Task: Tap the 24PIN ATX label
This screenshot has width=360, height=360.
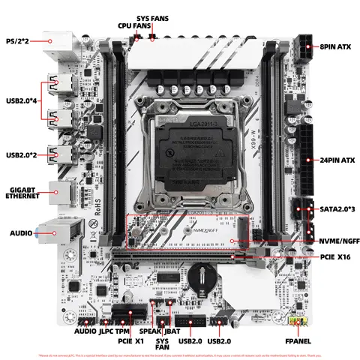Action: click(x=333, y=160)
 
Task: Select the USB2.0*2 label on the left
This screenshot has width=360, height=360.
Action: click(x=24, y=155)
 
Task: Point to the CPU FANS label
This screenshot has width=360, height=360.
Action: click(x=133, y=25)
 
